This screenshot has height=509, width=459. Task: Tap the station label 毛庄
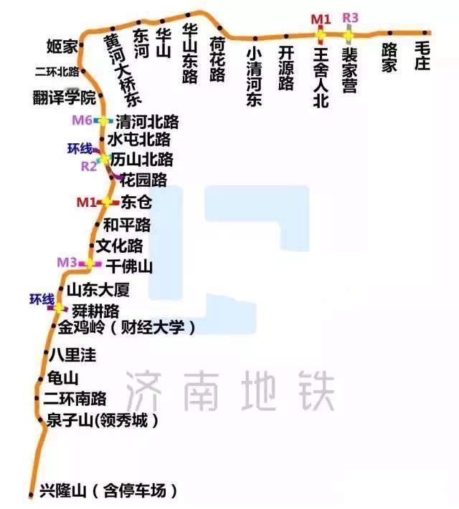421,56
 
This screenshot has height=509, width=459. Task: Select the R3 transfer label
350,17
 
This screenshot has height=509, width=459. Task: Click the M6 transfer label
82,120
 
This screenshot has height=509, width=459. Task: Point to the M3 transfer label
67,263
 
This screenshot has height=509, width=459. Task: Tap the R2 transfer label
89,167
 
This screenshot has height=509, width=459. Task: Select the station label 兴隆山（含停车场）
108,492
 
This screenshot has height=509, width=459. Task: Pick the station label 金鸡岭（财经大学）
126,328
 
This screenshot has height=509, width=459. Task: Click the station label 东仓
136,203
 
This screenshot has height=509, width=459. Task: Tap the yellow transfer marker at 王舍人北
321,34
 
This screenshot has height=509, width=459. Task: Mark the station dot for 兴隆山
31,493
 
